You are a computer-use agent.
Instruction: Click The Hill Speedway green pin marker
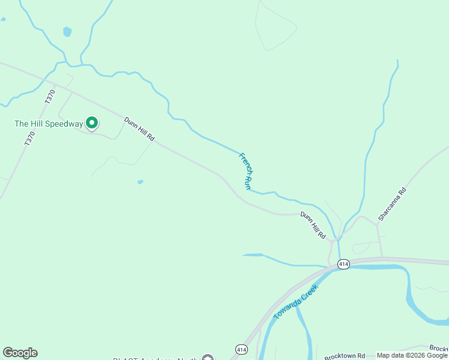coord(92,124)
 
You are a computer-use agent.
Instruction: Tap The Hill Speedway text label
coord(49,124)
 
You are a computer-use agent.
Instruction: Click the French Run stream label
coord(245,171)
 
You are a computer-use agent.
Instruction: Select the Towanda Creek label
coord(295,302)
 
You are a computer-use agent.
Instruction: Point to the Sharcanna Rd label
coord(392,203)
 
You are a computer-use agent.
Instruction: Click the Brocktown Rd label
coord(345,356)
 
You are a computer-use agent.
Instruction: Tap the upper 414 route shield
coord(343,264)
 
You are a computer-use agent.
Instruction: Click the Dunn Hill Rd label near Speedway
coord(139,129)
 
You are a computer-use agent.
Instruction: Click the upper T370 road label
coord(50,97)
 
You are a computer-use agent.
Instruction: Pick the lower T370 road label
coord(30,139)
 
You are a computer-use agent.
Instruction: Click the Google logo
coord(20,353)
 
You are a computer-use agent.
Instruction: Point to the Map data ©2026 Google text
coord(412,355)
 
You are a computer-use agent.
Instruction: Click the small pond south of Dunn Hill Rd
coord(140,182)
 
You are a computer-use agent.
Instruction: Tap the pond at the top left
coord(67,31)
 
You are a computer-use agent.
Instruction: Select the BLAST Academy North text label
coord(156,358)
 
